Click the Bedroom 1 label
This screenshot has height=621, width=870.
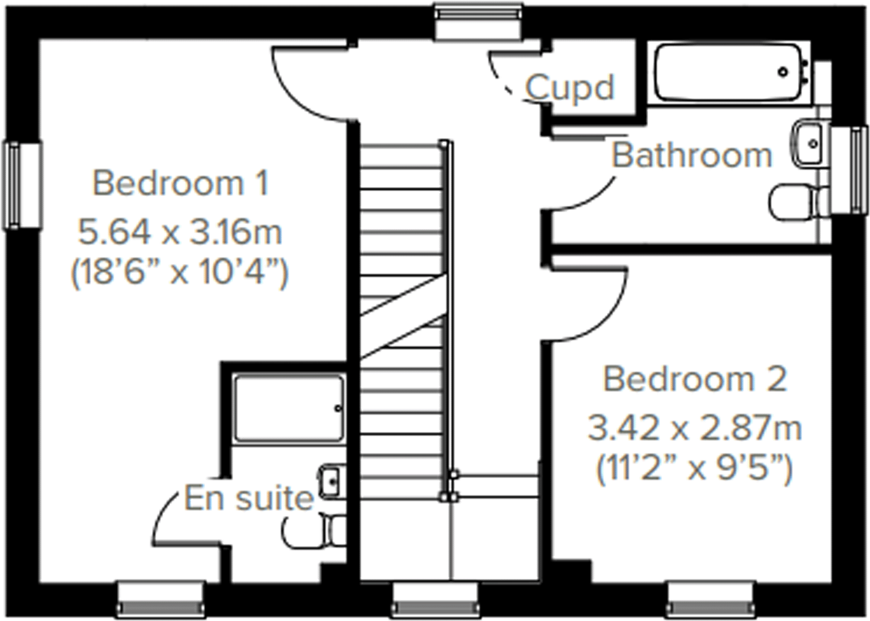(x=180, y=184)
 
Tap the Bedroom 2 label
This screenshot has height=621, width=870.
(x=695, y=379)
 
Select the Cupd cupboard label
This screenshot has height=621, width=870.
(x=569, y=88)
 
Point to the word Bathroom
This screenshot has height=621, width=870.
(x=692, y=156)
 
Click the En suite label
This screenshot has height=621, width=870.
(x=249, y=499)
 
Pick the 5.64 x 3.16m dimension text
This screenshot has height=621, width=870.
(x=180, y=233)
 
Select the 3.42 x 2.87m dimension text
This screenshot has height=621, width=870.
(x=695, y=429)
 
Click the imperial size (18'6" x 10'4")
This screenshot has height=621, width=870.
(x=180, y=273)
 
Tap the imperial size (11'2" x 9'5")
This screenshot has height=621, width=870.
(x=695, y=468)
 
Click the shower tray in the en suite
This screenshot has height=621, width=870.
(x=288, y=408)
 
